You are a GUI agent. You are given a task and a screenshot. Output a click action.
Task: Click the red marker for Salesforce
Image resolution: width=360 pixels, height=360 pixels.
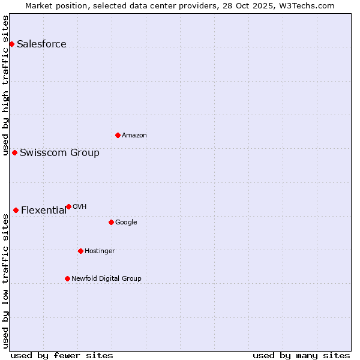pyautogui.click(x=11, y=44)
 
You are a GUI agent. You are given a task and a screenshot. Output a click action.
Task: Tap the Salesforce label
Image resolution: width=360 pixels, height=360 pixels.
pyautogui.click(x=41, y=44)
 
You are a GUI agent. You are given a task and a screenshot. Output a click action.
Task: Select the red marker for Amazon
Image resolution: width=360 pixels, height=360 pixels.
pyautogui.click(x=118, y=135)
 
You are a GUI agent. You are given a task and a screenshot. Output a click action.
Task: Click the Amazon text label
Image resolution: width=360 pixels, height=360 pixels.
pyautogui.click(x=134, y=136)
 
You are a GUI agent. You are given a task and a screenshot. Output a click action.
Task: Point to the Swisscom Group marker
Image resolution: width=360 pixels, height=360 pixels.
pyautogui.click(x=14, y=152)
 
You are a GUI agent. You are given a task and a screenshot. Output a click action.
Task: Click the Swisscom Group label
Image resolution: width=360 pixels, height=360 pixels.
pyautogui.click(x=59, y=153)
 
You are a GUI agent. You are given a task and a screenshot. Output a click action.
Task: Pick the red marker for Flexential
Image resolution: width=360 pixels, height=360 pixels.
pyautogui.click(x=16, y=210)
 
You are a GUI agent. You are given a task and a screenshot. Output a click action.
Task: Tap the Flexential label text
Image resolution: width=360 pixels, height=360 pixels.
pyautogui.click(x=44, y=211)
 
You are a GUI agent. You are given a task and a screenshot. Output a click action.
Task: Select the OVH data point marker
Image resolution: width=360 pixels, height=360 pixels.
pyautogui.click(x=68, y=206)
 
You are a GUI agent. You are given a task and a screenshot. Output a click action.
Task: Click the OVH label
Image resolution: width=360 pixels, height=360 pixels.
pyautogui.click(x=79, y=207)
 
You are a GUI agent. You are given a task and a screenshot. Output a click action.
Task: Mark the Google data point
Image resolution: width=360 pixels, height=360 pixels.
pyautogui.click(x=111, y=222)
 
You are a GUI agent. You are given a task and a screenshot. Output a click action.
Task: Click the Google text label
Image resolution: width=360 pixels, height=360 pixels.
pyautogui.click(x=126, y=223)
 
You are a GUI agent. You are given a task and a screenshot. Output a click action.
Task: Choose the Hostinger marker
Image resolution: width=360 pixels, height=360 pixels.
pyautogui.click(x=80, y=251)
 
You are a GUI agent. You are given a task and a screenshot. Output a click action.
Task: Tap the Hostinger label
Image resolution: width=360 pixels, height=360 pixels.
pyautogui.click(x=100, y=251)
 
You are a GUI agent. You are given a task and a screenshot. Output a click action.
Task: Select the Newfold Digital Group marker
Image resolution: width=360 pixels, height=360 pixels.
pyautogui.click(x=67, y=278)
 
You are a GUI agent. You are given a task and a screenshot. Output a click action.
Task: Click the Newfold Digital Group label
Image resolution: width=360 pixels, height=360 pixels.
pyautogui.click(x=106, y=279)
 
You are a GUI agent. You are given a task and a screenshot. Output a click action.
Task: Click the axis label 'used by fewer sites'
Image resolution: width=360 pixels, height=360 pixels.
pyautogui.click(x=62, y=355)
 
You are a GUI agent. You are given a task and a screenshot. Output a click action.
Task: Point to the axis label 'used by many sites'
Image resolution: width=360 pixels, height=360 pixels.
pyautogui.click(x=301, y=355)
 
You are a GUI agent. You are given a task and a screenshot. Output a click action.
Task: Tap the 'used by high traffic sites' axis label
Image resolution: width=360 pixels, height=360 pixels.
pyautogui.click(x=6, y=85)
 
